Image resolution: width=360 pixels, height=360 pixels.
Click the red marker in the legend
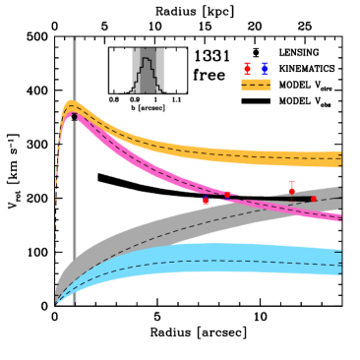pos(247,69)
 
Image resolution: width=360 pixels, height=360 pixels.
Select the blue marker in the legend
pos(265,69)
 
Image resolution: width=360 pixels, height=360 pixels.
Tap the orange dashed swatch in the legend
pos(255,85)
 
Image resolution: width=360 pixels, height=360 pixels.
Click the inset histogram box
pos(148,71)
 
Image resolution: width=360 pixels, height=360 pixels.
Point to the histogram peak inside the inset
pos(147,59)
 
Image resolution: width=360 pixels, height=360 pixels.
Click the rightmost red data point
pos(314,199)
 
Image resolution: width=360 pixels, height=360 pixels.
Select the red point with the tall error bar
pos(291,191)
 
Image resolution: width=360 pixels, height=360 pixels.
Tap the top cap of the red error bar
pos(291,182)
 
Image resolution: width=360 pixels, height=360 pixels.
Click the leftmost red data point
pos(206,201)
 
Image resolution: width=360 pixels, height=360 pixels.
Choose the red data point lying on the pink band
pos(227,195)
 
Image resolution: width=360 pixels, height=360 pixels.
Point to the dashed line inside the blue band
pos(216,261)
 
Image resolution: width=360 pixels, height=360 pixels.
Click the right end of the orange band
pos(339,159)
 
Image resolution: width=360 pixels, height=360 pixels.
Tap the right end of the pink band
pos(339,216)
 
